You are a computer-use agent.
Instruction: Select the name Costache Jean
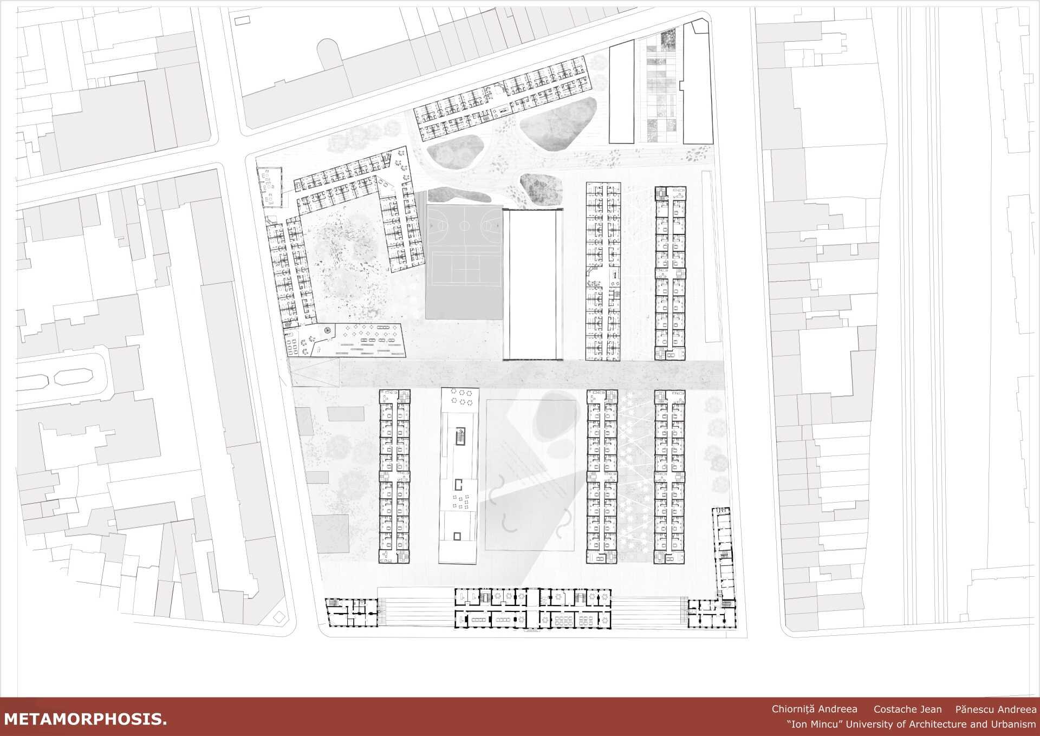point(907,709)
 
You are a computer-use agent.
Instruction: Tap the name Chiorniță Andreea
point(815,709)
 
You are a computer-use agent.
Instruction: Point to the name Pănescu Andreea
point(996,709)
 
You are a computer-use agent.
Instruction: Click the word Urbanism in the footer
point(1012,724)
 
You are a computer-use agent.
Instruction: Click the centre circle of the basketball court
point(465,223)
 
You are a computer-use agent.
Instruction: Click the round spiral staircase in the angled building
point(327,330)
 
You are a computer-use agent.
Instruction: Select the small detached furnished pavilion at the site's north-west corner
point(269,187)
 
